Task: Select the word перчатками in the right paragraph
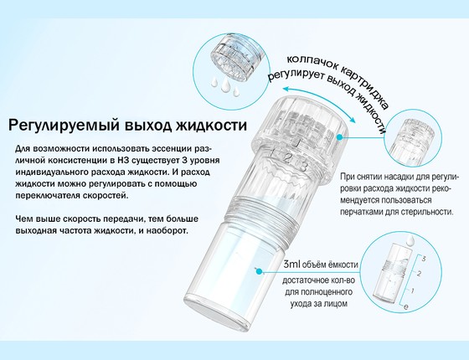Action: coord(368,213)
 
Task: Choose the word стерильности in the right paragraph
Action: coord(430,213)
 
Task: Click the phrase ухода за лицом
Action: coord(317,305)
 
